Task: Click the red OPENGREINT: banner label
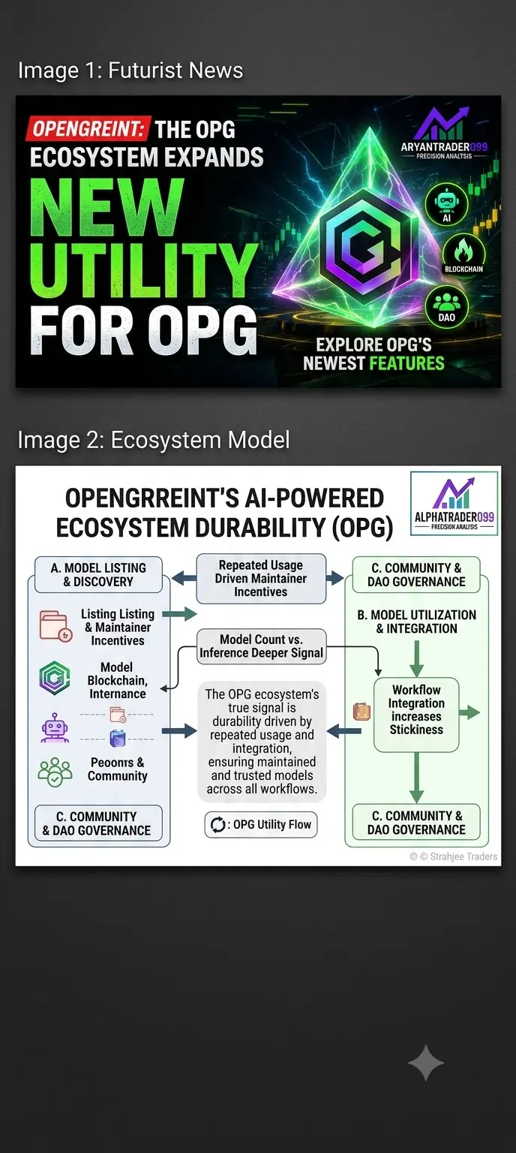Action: tap(88, 128)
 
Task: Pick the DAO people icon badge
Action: tap(446, 307)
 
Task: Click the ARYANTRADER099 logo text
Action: tap(444, 146)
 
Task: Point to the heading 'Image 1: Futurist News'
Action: tap(130, 71)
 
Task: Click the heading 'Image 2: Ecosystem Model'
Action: tap(154, 440)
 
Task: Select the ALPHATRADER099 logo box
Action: tap(454, 504)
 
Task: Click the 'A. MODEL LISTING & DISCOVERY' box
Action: tap(98, 574)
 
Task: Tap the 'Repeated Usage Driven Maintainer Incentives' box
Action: tap(261, 579)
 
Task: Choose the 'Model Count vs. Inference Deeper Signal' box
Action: tap(261, 646)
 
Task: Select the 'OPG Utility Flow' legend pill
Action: tap(261, 825)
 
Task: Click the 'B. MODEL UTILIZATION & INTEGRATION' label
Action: tap(417, 622)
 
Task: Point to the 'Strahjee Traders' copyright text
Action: tap(454, 856)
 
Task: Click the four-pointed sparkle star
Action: tap(426, 1063)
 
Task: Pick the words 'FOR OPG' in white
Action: tap(143, 330)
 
